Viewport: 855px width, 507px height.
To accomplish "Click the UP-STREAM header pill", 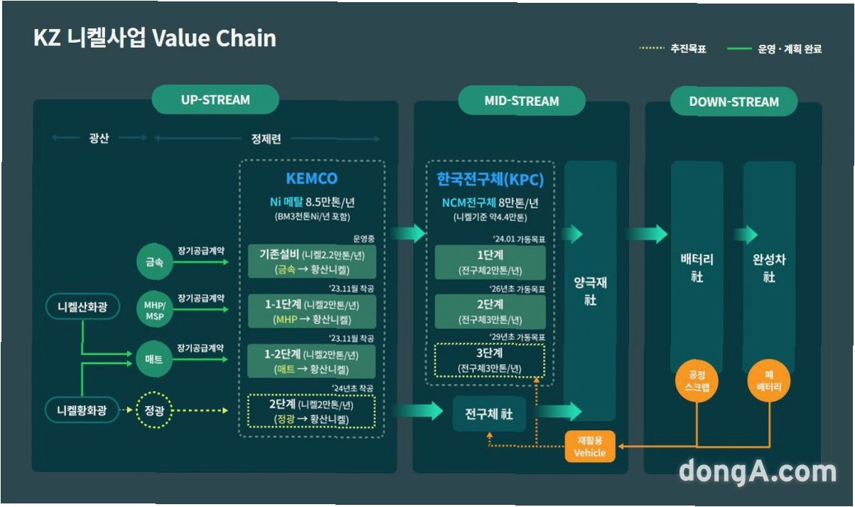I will coord(215,100).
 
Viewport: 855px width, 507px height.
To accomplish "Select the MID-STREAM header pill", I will coord(522,101).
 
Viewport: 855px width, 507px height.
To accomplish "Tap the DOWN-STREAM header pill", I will coord(733,102).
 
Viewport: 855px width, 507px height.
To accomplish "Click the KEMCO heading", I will coord(311,178).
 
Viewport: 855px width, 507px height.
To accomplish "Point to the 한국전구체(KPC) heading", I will coord(490,180).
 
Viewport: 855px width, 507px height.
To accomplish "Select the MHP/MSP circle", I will coord(154,310).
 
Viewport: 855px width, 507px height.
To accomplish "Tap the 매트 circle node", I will coord(154,360).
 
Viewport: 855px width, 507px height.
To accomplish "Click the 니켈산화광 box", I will coord(82,307).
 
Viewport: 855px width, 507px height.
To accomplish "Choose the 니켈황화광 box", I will coord(82,410).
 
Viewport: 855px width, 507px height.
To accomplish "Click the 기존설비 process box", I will coord(312,262).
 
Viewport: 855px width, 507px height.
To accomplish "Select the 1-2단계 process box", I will coord(312,361).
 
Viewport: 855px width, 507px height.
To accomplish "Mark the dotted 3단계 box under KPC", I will coord(490,361).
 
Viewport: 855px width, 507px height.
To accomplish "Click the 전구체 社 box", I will coord(490,413).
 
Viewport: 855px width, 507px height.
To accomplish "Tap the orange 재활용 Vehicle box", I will coord(590,447).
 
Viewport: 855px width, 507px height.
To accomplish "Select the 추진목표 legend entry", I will coord(673,49).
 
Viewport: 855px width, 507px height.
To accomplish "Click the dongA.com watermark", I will coord(757,472).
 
